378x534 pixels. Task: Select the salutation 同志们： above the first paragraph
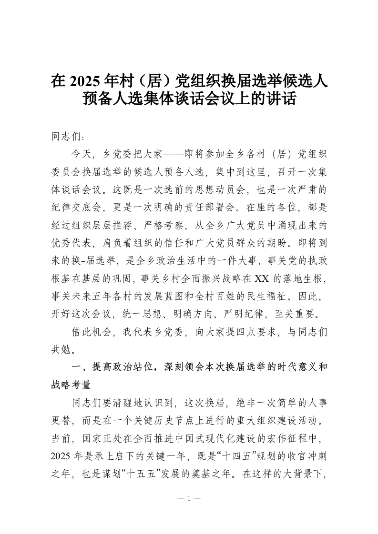68,137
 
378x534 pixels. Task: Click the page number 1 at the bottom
189,499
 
